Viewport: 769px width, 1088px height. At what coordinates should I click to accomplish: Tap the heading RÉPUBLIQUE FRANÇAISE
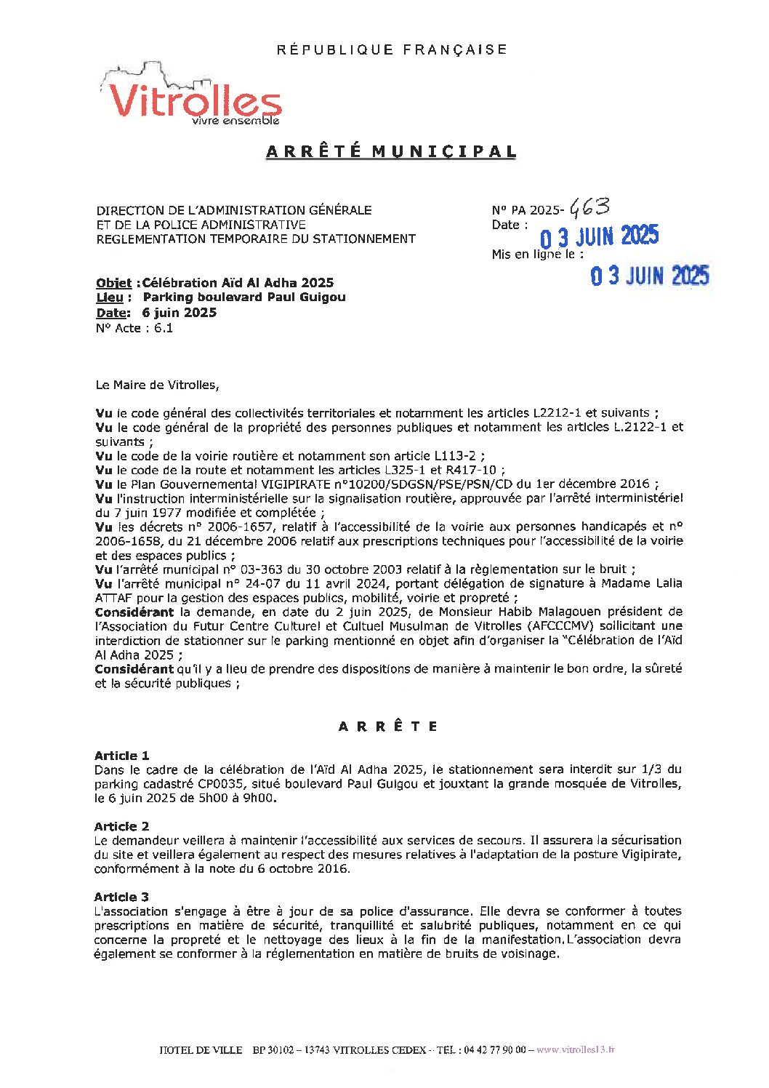point(392,49)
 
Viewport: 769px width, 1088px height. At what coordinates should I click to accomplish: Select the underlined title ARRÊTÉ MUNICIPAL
point(392,152)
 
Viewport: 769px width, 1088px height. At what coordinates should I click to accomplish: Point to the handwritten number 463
point(589,207)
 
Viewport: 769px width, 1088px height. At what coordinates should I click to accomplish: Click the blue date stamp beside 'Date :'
point(599,236)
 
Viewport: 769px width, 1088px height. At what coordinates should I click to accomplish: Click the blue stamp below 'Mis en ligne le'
point(649,276)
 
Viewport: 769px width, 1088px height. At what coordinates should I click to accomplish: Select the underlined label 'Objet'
point(113,284)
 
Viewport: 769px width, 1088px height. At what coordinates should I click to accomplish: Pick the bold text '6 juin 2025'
point(180,313)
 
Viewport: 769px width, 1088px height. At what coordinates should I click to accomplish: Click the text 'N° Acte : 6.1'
point(134,328)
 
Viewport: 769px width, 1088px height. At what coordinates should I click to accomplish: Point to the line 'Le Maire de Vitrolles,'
point(156,385)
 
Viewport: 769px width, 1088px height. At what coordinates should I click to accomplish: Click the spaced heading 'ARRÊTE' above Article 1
point(388,727)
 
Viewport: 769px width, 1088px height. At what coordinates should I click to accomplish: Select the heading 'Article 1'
point(121,756)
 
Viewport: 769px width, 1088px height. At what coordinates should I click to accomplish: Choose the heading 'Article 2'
point(121,826)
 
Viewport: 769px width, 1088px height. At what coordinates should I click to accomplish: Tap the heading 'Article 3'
point(121,897)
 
